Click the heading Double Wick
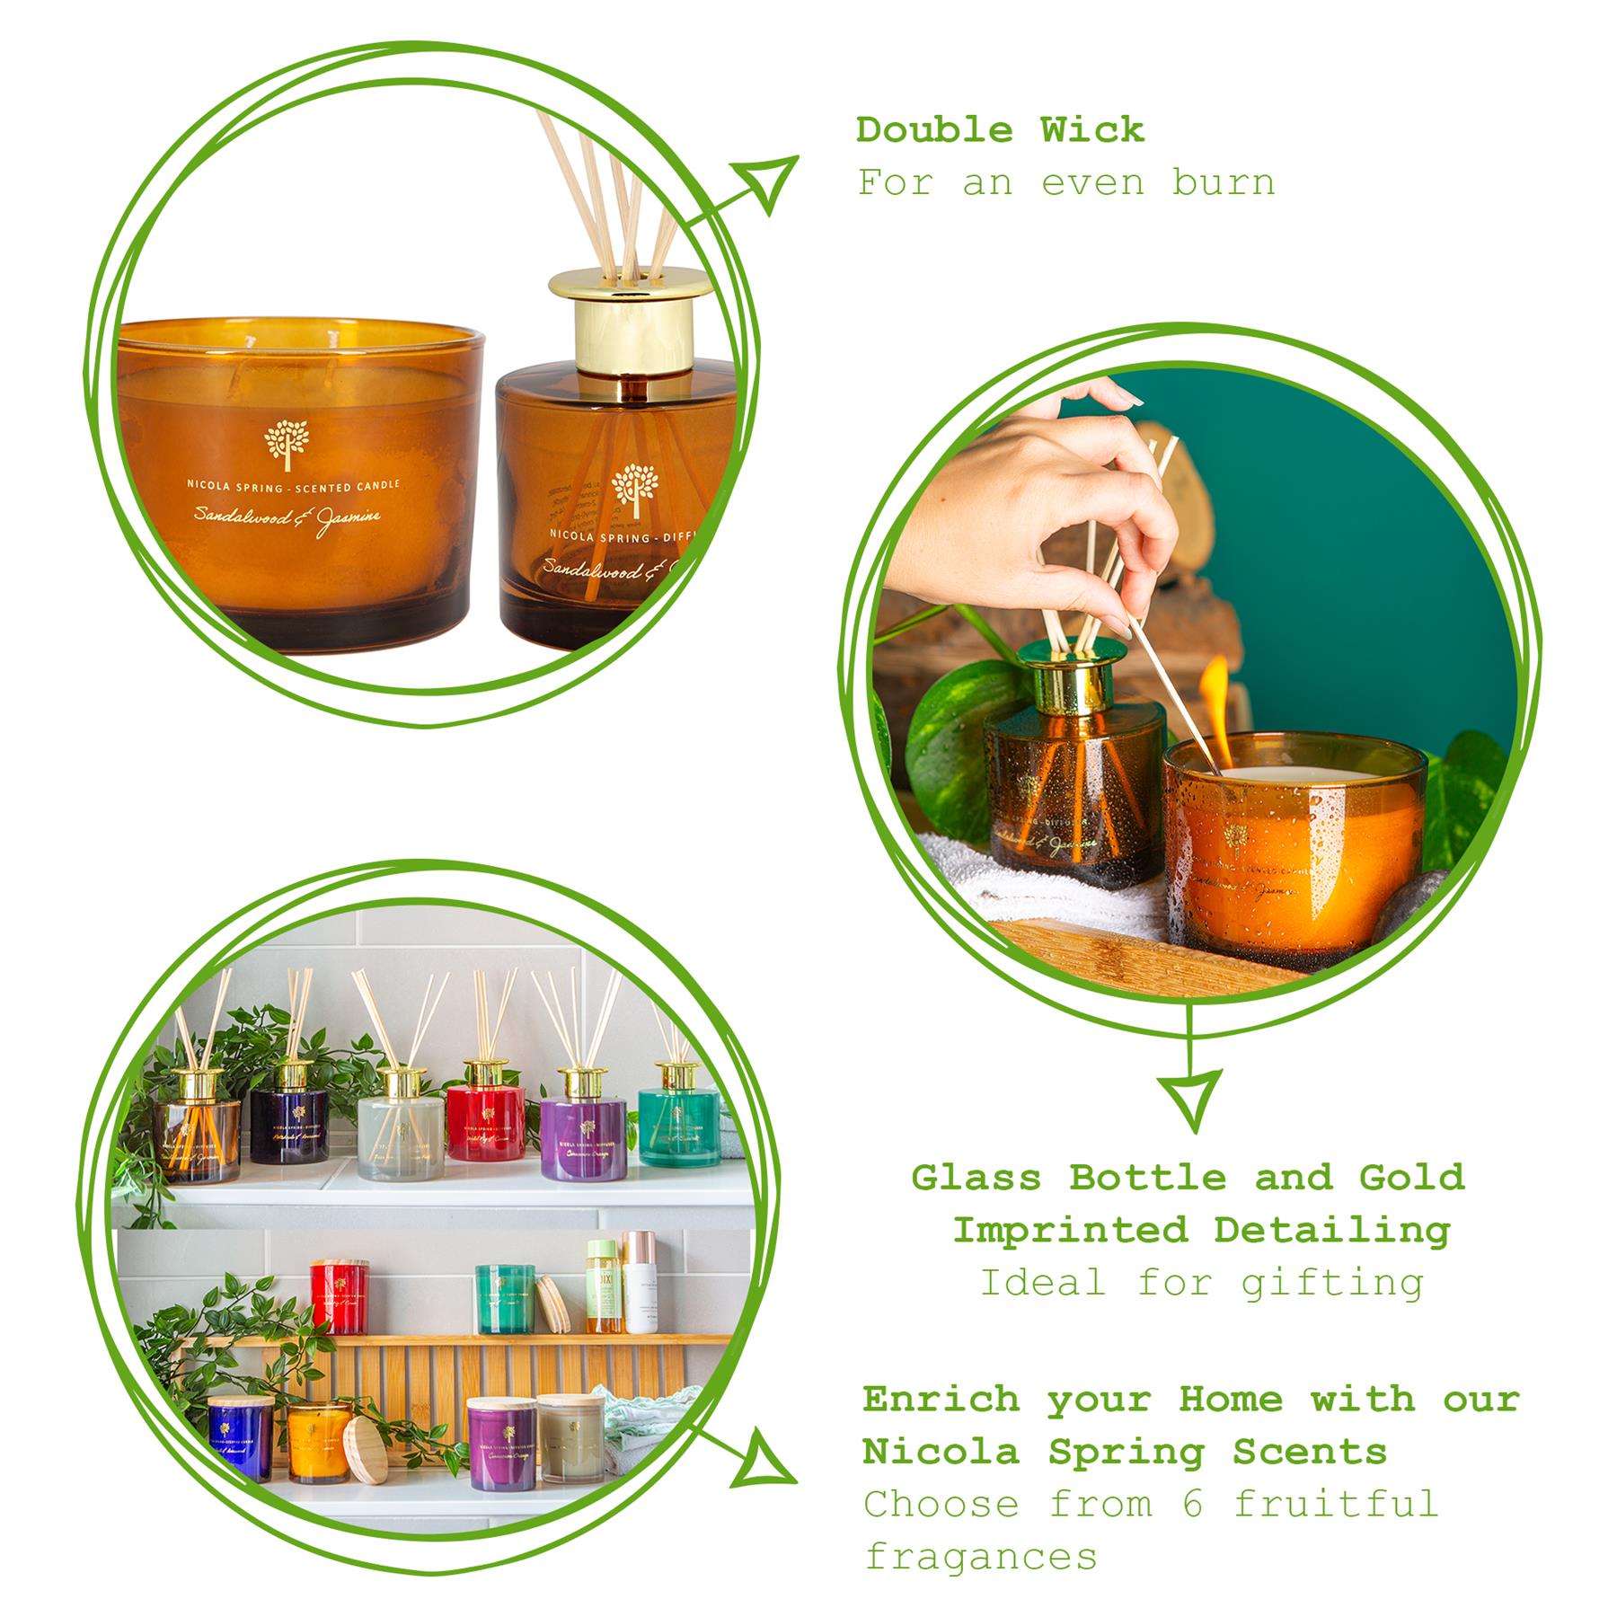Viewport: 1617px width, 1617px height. [x=999, y=130]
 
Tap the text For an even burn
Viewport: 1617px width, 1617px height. [x=1065, y=183]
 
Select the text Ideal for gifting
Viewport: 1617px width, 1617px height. [x=1201, y=1282]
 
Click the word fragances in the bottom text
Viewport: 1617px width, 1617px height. [x=980, y=1556]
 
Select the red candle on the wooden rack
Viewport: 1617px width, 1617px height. [x=340, y=1296]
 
